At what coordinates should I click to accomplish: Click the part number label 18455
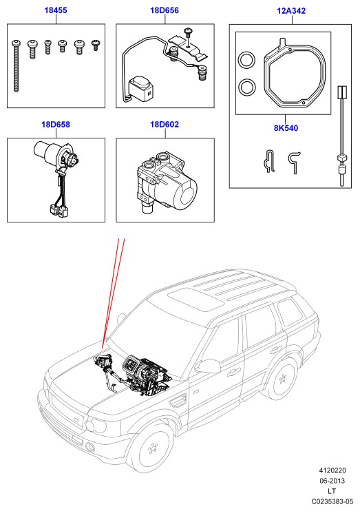click(x=56, y=10)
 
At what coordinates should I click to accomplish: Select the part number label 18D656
click(x=165, y=10)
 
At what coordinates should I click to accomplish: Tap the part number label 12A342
click(x=291, y=11)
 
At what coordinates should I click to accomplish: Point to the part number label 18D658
click(x=56, y=124)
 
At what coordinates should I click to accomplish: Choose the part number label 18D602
click(x=165, y=124)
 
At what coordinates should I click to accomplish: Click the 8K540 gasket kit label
click(x=286, y=128)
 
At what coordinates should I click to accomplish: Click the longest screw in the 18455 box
click(x=16, y=65)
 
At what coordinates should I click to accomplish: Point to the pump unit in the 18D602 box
click(x=167, y=181)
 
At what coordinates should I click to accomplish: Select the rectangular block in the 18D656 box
click(x=140, y=89)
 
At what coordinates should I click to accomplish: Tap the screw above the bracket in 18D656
click(x=188, y=34)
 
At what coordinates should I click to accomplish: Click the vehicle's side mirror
click(x=207, y=366)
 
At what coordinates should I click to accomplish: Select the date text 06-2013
click(x=332, y=481)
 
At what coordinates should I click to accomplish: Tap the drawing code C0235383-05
click(x=332, y=501)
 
